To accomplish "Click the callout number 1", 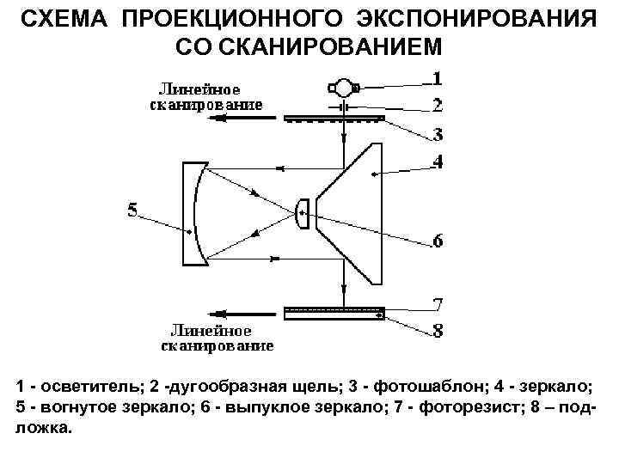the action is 438,79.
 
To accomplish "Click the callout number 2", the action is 438,107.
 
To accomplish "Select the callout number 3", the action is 438,135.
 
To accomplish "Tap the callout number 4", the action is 438,162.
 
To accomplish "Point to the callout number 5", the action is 132,211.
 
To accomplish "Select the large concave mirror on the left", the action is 193,212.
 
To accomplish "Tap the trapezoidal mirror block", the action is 352,204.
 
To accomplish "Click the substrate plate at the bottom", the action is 334,315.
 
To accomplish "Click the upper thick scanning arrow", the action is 232,122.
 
